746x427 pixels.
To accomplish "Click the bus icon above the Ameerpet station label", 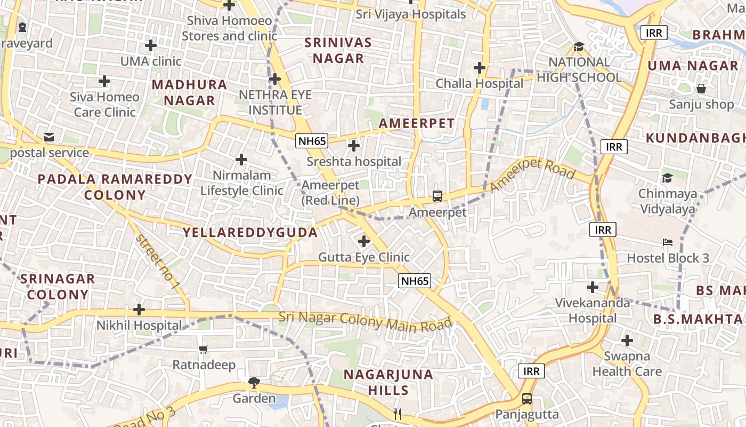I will click(x=437, y=196).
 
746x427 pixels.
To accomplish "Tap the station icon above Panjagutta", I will click(x=526, y=398).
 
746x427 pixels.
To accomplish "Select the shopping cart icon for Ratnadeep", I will click(x=203, y=350).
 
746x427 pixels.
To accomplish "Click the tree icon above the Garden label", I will click(x=254, y=383).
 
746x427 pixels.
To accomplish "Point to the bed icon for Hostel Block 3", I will click(x=667, y=242).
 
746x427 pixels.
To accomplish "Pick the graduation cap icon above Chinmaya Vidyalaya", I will click(x=667, y=178).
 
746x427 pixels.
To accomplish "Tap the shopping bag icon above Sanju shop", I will click(x=701, y=89).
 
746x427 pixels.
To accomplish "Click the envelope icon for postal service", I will click(x=49, y=137).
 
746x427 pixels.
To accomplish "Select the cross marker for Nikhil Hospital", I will click(x=139, y=310).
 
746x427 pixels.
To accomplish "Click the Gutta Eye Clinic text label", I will click(x=364, y=257).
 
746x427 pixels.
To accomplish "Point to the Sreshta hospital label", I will click(x=354, y=161).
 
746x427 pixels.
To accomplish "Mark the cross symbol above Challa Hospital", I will click(x=480, y=68).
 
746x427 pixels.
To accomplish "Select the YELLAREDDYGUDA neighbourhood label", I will click(x=250, y=232).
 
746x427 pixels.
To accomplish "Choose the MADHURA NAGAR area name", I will click(x=190, y=92).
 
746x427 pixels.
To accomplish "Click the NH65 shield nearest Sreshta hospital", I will click(x=312, y=140).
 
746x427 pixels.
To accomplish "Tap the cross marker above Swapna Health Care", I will click(x=627, y=340).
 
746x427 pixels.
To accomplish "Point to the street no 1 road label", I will click(x=157, y=262).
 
